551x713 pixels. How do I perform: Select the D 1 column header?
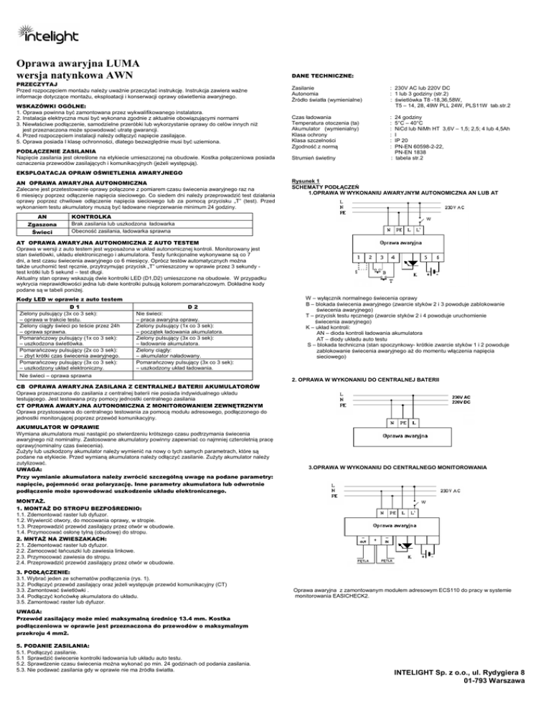71,306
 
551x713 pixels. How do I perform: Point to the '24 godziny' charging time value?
409,115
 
